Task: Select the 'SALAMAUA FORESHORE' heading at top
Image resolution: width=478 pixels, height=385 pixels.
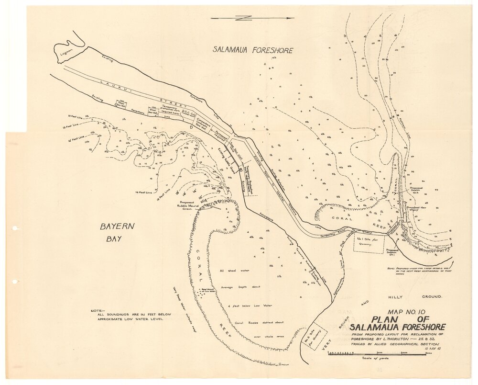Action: tap(253, 50)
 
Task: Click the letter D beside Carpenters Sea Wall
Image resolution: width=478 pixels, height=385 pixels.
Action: tap(191, 128)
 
